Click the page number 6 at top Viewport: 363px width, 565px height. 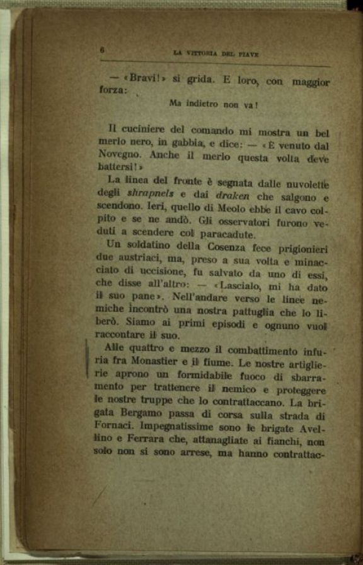tap(101, 51)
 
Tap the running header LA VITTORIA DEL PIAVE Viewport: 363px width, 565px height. tap(216, 54)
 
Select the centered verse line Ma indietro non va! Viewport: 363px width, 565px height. tap(215, 104)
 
